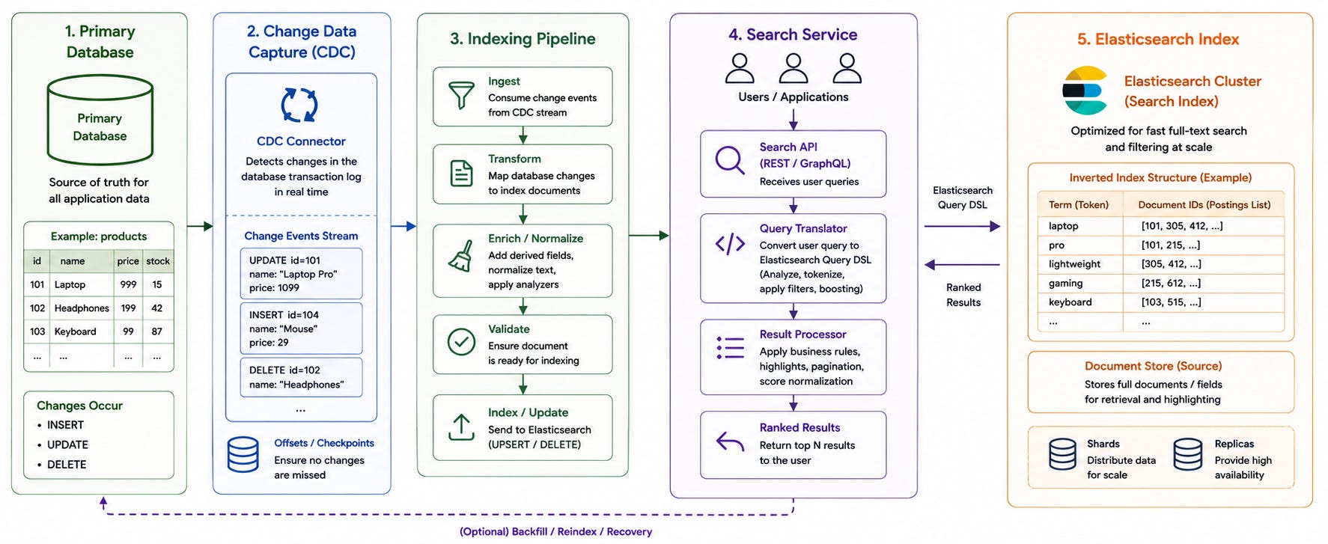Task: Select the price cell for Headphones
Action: click(128, 308)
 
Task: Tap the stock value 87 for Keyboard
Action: click(157, 331)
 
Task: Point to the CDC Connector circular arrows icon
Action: click(299, 105)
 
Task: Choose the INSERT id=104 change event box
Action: click(301, 328)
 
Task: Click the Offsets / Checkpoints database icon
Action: click(243, 454)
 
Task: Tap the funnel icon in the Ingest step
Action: click(461, 96)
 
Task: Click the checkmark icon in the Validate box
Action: click(461, 342)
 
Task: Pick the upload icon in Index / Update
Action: click(461, 427)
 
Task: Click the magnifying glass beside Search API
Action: click(730, 160)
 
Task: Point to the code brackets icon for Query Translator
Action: click(730, 244)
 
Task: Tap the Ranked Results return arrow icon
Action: click(730, 442)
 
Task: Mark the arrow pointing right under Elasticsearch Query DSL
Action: click(962, 226)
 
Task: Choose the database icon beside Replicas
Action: click(1188, 454)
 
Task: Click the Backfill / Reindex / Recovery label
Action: click(555, 532)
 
